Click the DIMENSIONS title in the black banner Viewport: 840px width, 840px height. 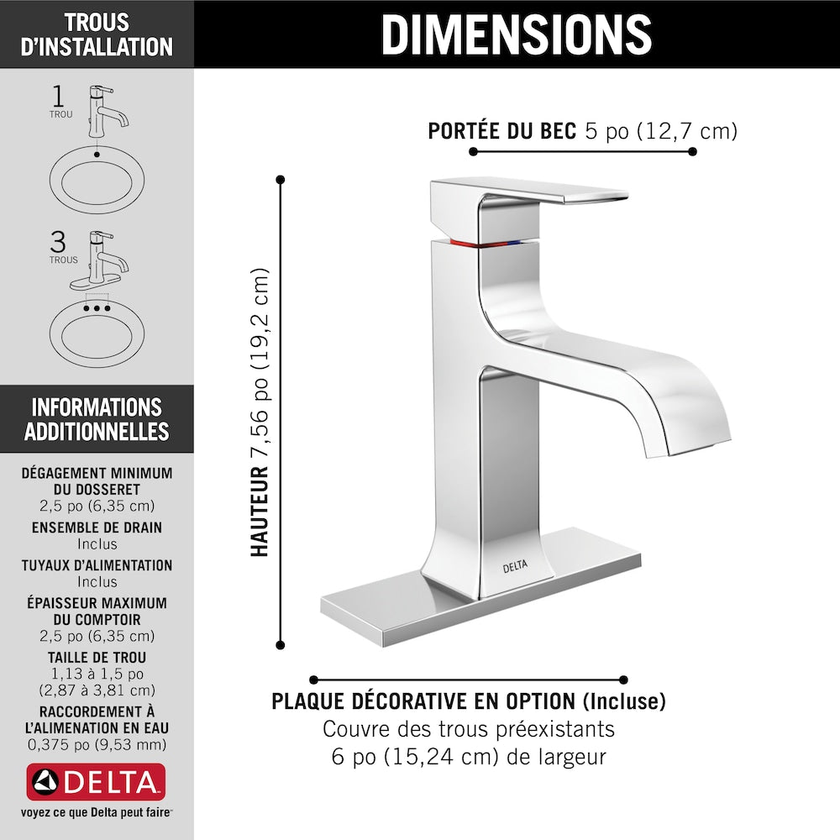point(517,34)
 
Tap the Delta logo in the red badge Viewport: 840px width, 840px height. point(96,781)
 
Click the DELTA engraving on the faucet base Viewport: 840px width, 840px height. point(515,566)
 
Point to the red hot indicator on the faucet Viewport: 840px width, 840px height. point(464,244)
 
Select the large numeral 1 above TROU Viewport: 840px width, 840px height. point(58,97)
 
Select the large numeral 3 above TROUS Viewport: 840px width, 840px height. point(58,242)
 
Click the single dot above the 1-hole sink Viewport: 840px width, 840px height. point(97,155)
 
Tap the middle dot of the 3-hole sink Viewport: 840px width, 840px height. point(97,308)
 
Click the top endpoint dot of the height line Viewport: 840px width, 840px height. point(280,180)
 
